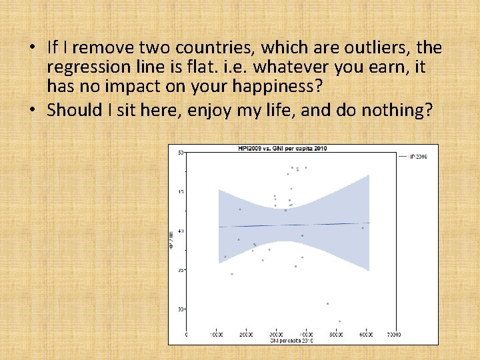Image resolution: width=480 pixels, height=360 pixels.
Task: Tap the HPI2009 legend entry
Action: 417,156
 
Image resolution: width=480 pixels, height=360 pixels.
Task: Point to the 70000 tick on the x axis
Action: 393,333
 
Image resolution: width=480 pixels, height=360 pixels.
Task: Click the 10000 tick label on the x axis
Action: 216,333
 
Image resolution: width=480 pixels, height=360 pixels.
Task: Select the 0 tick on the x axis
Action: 186,333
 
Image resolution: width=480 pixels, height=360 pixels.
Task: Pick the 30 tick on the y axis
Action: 180,309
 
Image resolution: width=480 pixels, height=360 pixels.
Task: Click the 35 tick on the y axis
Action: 180,270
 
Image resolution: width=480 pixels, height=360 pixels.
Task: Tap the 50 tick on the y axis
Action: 180,153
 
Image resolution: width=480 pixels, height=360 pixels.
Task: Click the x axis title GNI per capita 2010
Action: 291,340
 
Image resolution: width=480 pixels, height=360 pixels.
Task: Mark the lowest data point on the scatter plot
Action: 339,321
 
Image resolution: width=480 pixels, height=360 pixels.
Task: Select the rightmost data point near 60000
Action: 363,228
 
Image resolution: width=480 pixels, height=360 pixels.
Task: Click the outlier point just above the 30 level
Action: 328,303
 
